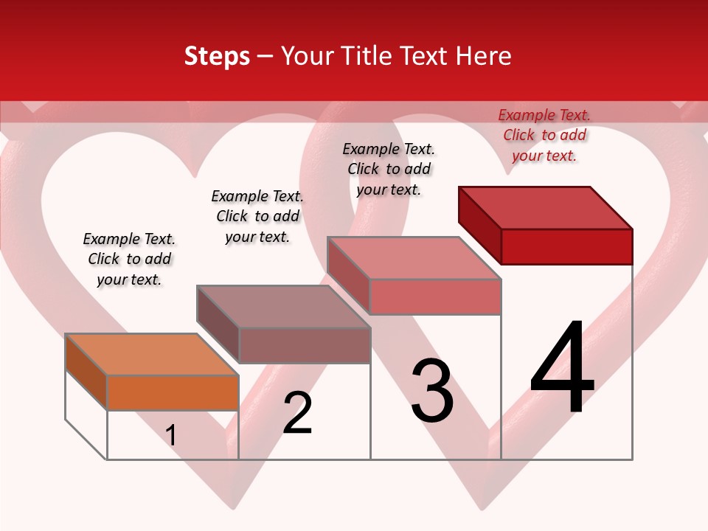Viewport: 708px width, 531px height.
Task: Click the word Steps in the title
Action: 217,57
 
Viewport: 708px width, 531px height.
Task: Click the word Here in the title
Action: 485,57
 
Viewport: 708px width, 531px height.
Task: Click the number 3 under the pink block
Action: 432,391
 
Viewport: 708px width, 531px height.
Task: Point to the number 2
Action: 298,413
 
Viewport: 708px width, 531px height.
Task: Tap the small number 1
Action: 171,436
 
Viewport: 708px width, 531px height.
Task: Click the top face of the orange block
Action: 152,355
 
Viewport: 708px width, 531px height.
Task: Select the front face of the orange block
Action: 173,392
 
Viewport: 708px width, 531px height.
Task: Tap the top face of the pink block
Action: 414,258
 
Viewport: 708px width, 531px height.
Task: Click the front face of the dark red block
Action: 566,246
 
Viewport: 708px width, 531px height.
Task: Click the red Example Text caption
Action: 544,135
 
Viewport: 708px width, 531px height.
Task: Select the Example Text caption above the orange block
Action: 129,259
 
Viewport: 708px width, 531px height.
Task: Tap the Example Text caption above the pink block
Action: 389,169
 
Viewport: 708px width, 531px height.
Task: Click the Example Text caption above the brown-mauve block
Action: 257,216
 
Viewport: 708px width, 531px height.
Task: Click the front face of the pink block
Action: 435,296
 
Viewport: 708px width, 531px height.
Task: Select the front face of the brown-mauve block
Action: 304,345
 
